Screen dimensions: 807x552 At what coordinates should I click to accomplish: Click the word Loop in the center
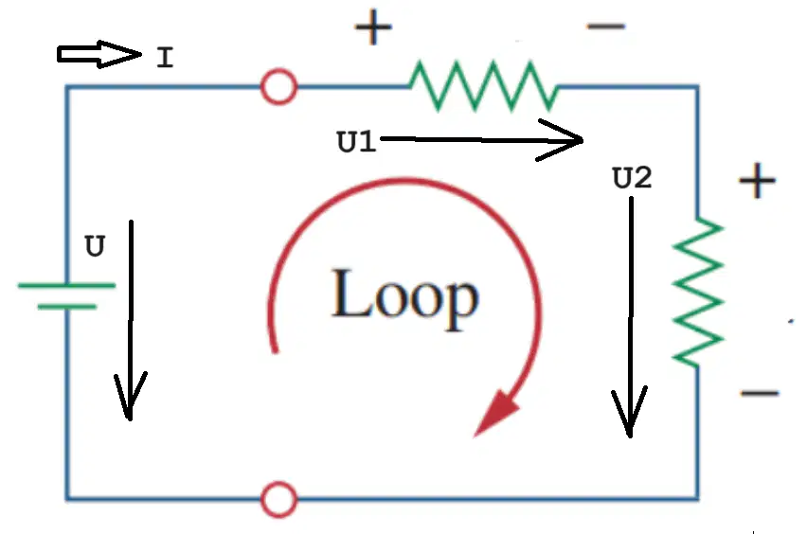(x=405, y=299)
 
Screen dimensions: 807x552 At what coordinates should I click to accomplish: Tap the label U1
(x=356, y=141)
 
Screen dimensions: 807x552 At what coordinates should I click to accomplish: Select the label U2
(x=633, y=178)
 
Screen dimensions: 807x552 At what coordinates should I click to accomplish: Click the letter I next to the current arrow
(x=165, y=57)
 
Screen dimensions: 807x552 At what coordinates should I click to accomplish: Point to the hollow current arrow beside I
(x=99, y=54)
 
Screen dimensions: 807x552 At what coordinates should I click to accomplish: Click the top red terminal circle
(x=279, y=86)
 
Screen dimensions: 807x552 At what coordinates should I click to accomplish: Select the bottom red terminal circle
(x=279, y=499)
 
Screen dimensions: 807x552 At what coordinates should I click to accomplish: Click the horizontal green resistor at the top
(x=484, y=86)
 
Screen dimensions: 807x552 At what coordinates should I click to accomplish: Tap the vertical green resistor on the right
(x=698, y=293)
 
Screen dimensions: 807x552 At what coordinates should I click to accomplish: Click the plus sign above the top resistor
(x=373, y=27)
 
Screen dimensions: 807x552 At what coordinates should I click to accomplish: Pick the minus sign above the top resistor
(x=606, y=26)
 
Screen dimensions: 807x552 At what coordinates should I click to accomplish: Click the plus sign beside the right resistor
(x=757, y=181)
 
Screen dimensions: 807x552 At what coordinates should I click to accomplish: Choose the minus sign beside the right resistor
(x=760, y=394)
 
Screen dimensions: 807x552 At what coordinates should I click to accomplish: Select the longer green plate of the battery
(x=66, y=284)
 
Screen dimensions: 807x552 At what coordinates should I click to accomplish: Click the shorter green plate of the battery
(x=67, y=307)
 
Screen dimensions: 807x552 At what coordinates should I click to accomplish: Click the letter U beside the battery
(x=96, y=246)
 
